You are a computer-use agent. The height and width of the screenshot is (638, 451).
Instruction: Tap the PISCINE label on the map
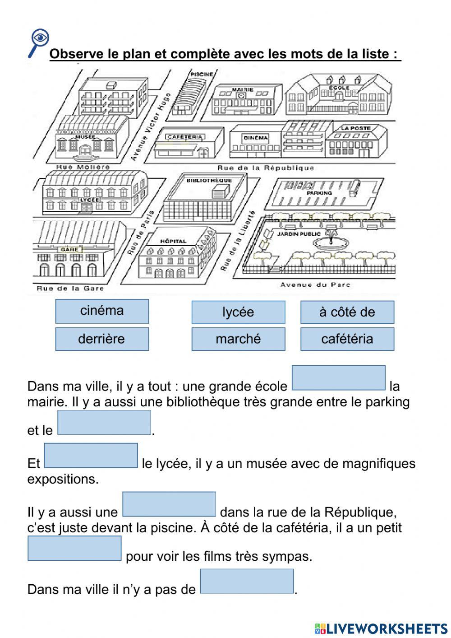(x=202, y=74)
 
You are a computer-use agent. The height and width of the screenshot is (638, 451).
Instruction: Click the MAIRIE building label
(x=243, y=90)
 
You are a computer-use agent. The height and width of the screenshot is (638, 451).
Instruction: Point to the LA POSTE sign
(x=355, y=128)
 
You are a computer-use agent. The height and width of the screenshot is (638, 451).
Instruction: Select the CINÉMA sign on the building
(x=256, y=138)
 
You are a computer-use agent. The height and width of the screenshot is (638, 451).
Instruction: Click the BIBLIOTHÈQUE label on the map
(x=209, y=181)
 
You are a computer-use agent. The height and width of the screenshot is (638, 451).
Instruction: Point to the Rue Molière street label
(x=83, y=167)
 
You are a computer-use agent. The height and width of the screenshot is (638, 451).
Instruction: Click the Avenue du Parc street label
(x=315, y=285)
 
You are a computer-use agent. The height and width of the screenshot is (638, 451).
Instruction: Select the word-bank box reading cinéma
(x=102, y=311)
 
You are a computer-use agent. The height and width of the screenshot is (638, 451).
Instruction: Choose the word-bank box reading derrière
(x=102, y=339)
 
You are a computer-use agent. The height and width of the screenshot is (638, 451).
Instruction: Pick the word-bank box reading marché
(x=238, y=339)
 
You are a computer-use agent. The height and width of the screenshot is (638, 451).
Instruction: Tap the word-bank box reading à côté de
(x=347, y=312)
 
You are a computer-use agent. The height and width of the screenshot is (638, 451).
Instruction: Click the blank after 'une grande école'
(x=339, y=378)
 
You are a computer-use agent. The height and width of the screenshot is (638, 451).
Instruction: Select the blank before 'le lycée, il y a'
(x=91, y=456)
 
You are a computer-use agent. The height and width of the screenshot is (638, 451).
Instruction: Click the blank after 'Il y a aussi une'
(x=169, y=504)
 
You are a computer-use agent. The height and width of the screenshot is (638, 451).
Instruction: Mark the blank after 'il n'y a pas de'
(x=247, y=582)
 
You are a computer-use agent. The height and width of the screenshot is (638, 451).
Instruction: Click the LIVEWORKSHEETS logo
(x=381, y=628)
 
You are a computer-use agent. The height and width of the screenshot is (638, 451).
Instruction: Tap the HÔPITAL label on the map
(x=173, y=241)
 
